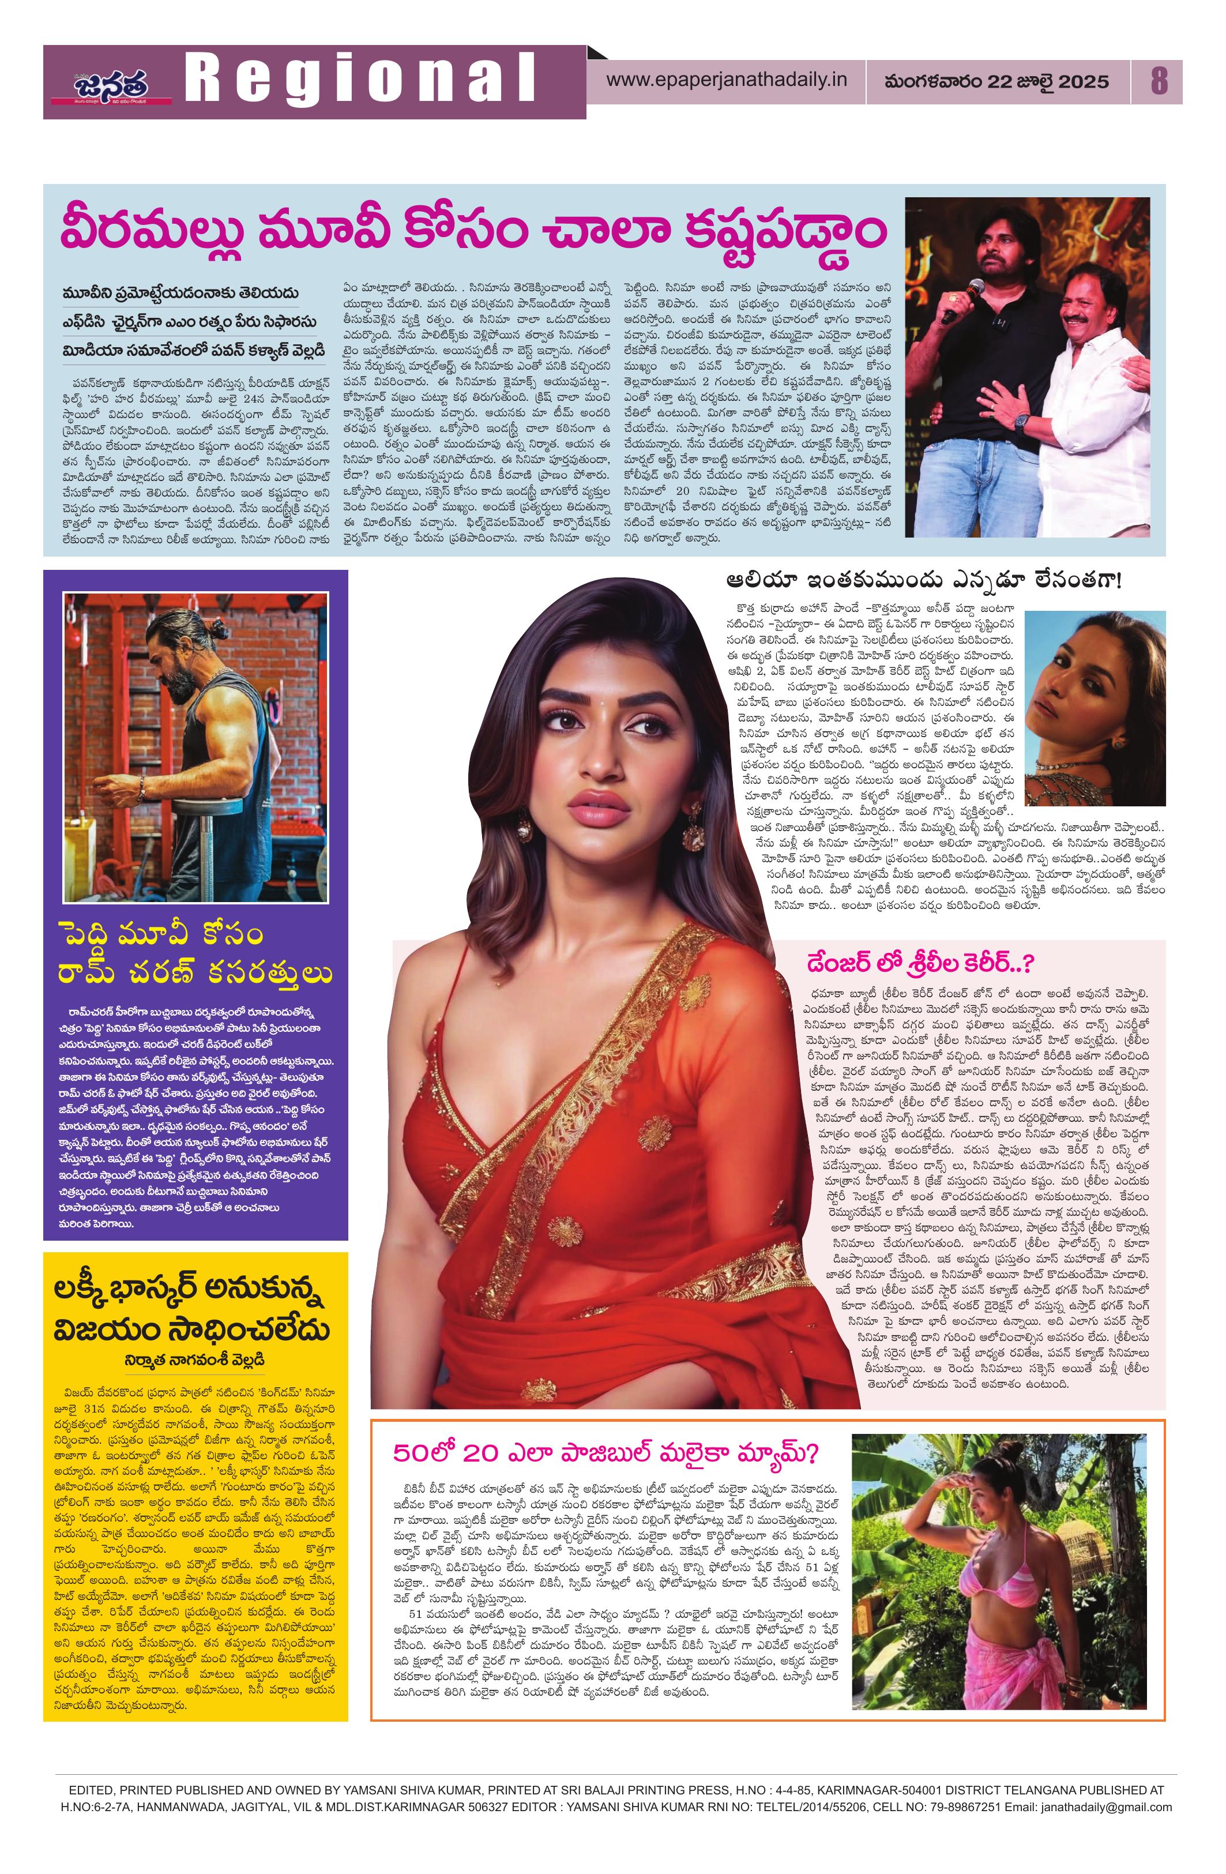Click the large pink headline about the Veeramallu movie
click(x=472, y=231)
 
